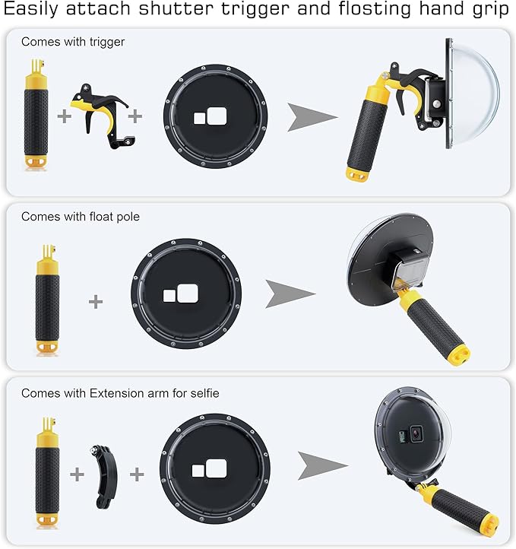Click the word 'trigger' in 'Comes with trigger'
(106, 42)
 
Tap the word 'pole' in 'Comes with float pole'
(127, 217)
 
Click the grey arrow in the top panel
(312, 116)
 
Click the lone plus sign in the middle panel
(95, 301)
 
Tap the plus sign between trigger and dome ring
(136, 116)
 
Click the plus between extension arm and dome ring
(137, 474)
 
